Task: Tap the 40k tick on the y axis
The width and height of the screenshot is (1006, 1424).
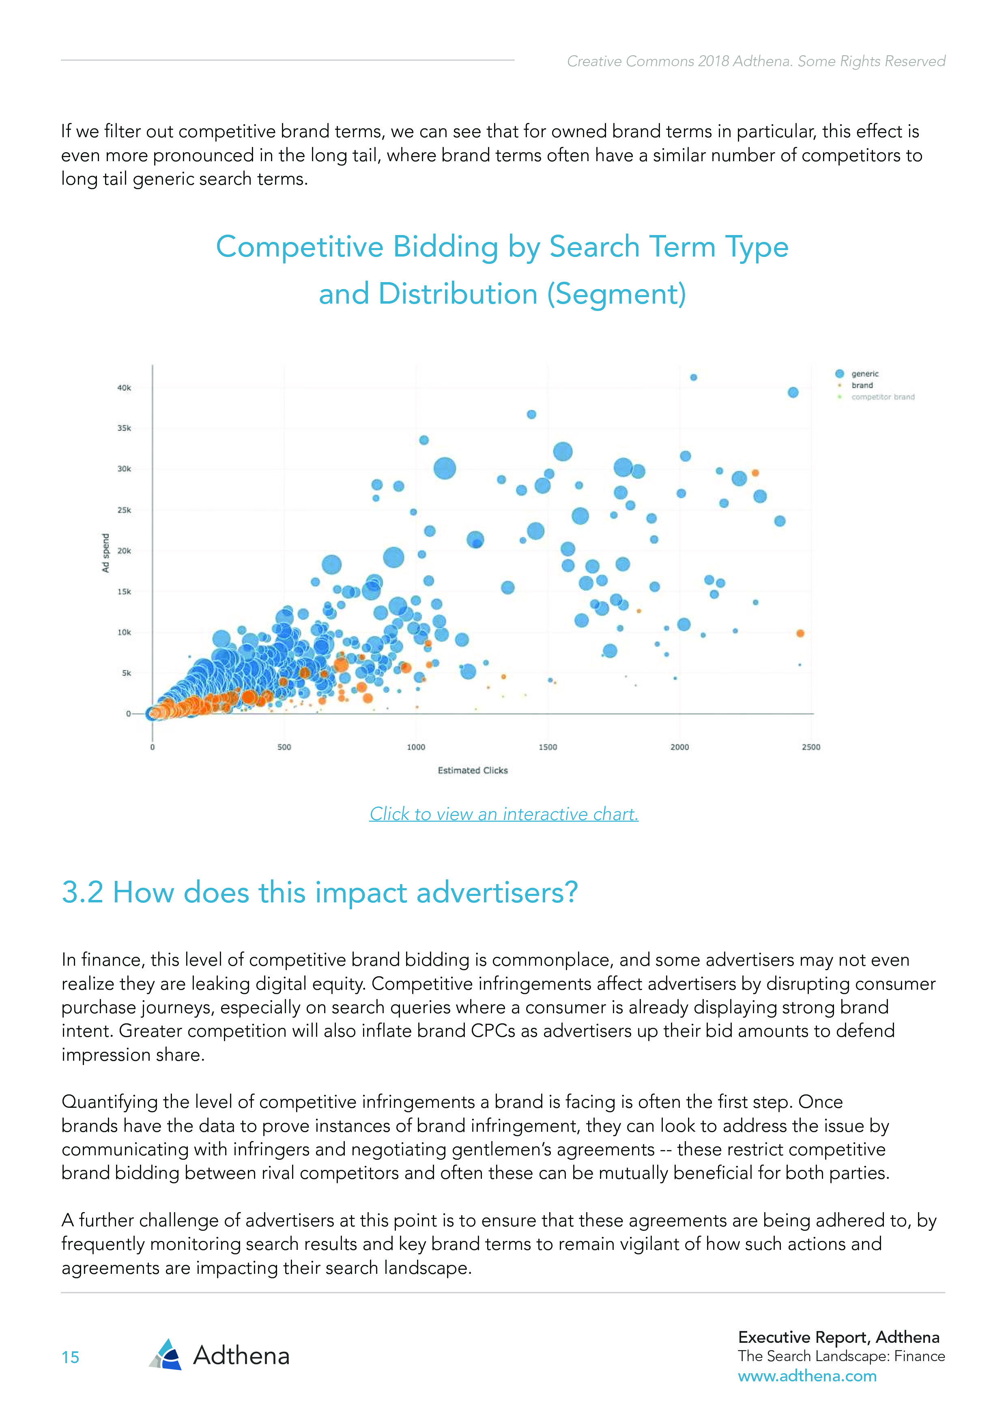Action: [x=124, y=388]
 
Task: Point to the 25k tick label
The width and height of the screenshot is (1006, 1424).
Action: [x=124, y=510]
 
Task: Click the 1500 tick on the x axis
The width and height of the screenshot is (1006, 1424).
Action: [x=547, y=747]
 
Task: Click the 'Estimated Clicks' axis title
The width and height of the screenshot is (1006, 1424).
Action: [x=472, y=770]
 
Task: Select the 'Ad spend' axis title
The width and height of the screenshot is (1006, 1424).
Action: [x=106, y=552]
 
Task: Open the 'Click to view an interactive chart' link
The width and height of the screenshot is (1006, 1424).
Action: [x=503, y=814]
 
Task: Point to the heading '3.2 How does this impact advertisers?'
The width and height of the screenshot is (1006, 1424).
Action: [x=319, y=893]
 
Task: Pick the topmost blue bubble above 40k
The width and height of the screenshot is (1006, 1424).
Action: [x=694, y=377]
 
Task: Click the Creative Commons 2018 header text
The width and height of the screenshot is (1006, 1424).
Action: [x=756, y=61]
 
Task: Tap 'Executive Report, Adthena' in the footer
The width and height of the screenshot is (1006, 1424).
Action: [x=838, y=1337]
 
